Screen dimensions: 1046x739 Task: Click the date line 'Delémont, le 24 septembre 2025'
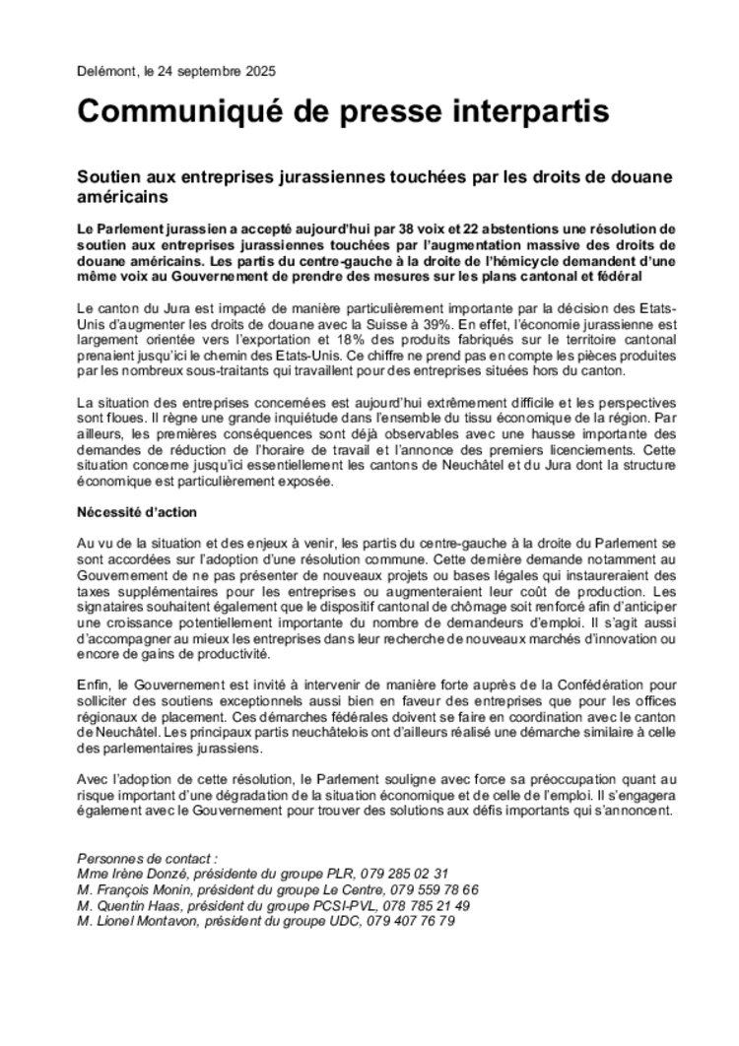[x=176, y=72]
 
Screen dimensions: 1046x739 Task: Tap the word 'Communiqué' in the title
[x=188, y=111]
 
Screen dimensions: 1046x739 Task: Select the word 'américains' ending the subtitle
[x=120, y=196]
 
